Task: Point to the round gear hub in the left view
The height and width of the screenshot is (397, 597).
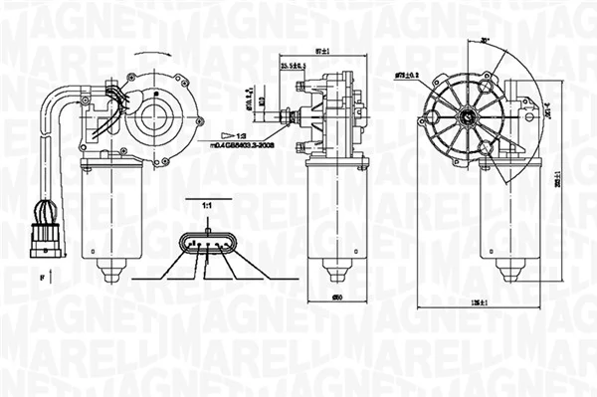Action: point(155,112)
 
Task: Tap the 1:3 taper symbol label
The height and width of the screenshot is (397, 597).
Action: point(237,132)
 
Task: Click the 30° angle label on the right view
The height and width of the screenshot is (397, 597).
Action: point(485,41)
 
